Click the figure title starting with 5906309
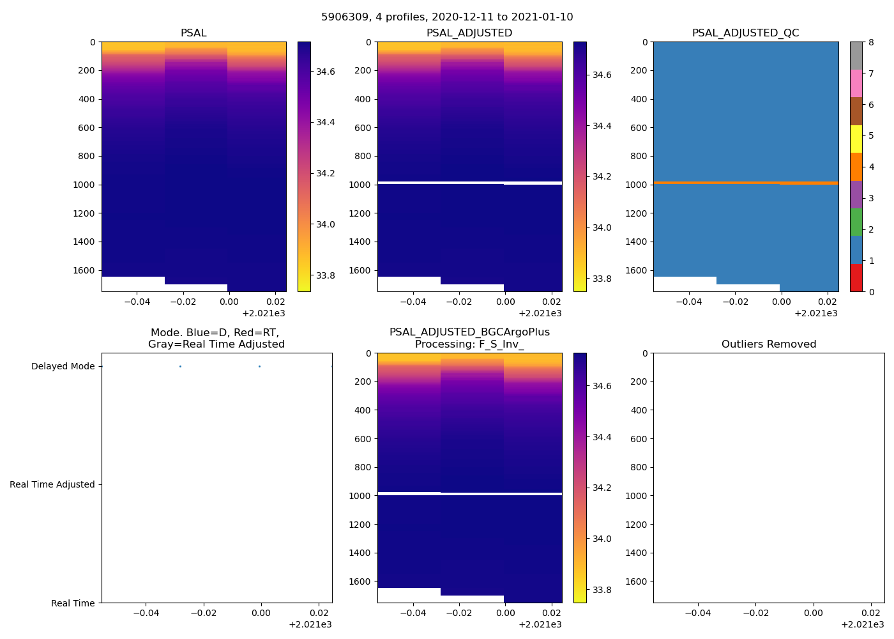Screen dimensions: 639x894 coord(447,17)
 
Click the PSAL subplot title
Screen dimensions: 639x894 coord(193,33)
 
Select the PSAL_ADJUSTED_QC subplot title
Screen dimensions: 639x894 coord(745,33)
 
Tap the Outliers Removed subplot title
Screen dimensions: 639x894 coord(769,344)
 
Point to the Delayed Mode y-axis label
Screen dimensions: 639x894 coord(63,366)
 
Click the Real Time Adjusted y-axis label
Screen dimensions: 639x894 coord(52,484)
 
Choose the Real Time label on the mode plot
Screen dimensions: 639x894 coord(73,603)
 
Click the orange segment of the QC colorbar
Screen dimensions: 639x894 coord(856,167)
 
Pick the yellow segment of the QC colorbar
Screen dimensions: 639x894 coord(856,139)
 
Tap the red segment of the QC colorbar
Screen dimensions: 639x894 coord(856,278)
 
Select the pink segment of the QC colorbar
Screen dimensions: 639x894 coord(856,83)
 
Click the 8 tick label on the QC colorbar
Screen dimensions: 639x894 coord(870,43)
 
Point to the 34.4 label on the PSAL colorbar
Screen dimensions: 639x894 coord(326,122)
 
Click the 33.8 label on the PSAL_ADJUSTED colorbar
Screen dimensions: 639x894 coord(602,279)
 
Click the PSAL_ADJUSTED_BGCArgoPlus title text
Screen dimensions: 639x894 coord(469,332)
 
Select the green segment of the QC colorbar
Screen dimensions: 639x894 coord(856,222)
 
